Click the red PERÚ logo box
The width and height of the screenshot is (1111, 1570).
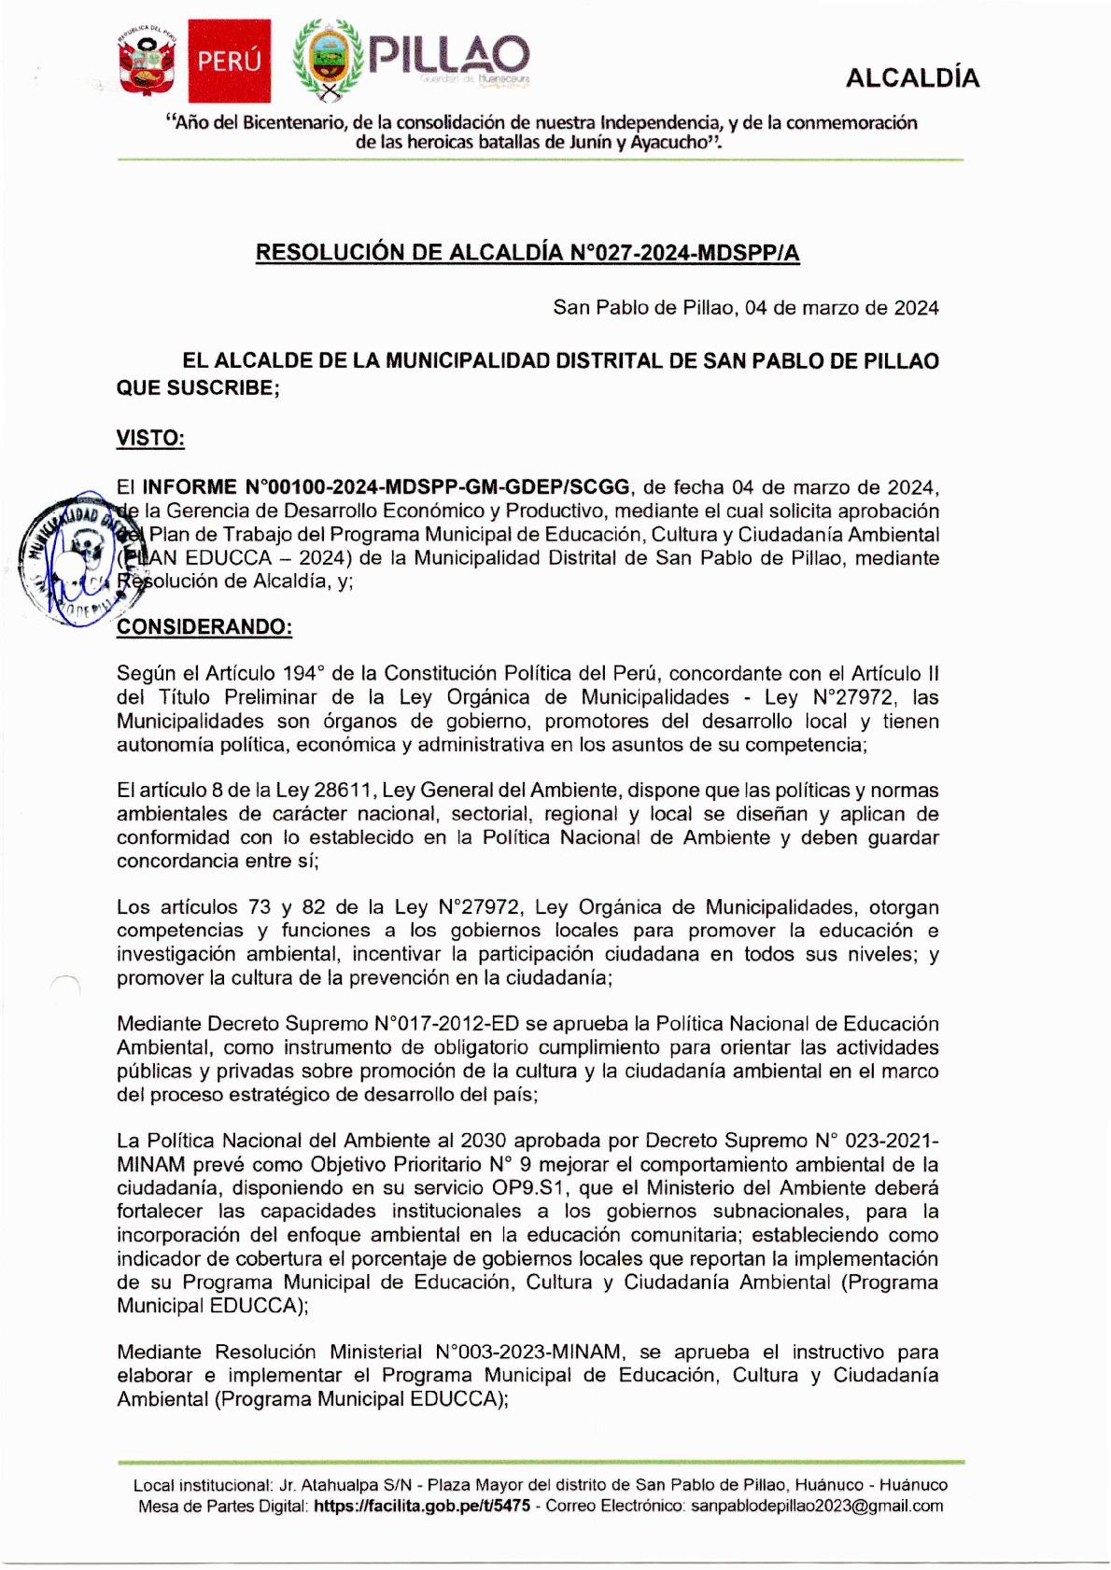pyautogui.click(x=230, y=61)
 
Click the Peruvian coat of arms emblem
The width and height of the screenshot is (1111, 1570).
pyautogui.click(x=147, y=63)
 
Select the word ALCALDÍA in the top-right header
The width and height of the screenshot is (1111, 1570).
pyautogui.click(x=912, y=78)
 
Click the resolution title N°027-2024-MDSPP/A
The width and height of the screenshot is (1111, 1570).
pyautogui.click(x=527, y=253)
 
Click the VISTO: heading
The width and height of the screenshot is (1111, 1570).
pyautogui.click(x=150, y=439)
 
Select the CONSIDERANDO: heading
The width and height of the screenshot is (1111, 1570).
pyautogui.click(x=204, y=626)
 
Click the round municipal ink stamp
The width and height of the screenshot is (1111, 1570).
pyautogui.click(x=75, y=557)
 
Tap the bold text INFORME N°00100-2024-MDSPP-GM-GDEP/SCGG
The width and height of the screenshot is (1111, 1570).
pyautogui.click(x=386, y=487)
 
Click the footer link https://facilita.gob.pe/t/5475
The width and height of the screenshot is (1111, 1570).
pyautogui.click(x=422, y=1506)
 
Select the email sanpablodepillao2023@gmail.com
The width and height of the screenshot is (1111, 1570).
pyautogui.click(x=817, y=1506)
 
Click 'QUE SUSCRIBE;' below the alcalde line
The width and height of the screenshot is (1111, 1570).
pyautogui.click(x=198, y=388)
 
